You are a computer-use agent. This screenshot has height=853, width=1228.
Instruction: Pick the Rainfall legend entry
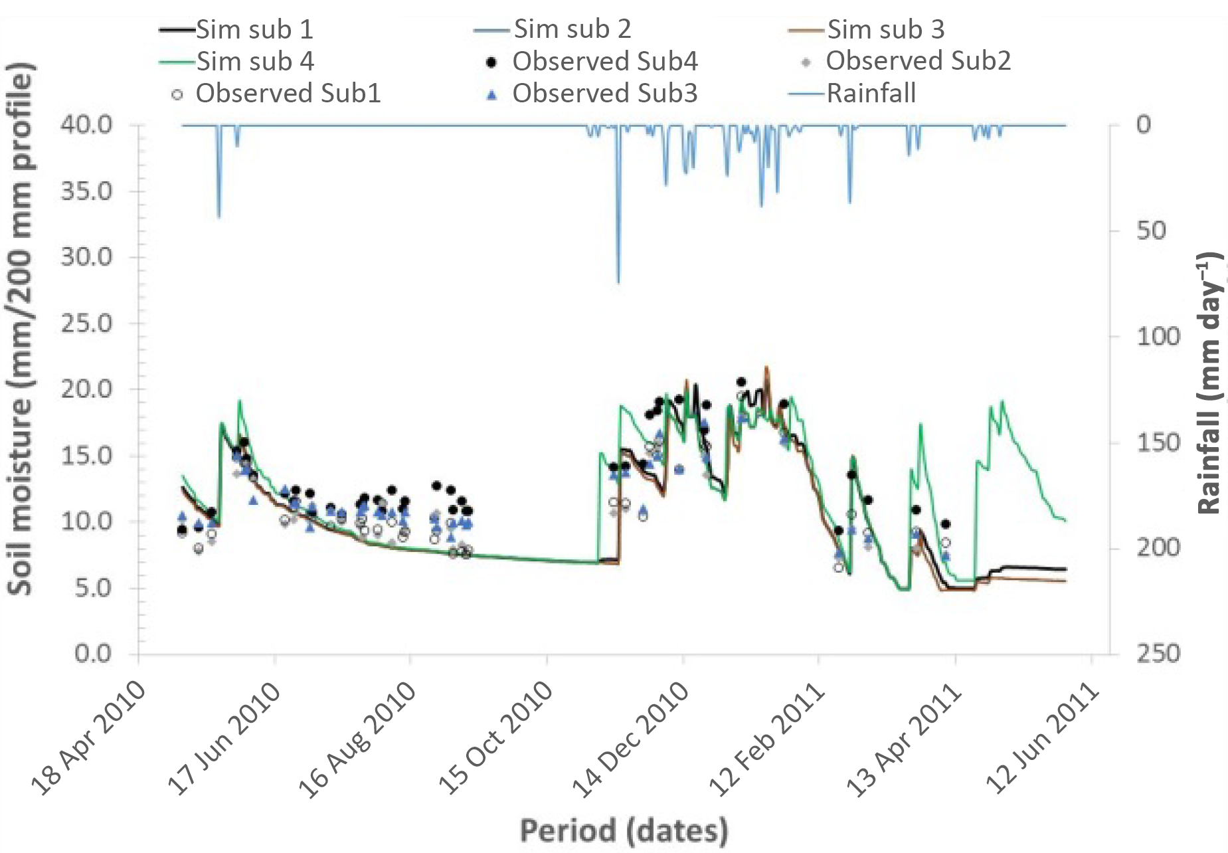tap(871, 93)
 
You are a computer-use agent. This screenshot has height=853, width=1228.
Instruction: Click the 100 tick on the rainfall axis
tap(1158, 337)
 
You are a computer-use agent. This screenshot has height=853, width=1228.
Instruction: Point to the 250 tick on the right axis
tap(1158, 654)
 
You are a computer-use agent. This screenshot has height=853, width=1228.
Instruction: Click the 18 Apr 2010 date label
tap(89, 739)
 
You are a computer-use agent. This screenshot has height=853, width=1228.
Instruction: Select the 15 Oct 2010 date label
tap(495, 739)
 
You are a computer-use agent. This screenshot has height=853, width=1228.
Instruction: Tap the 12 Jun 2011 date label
tap(1042, 739)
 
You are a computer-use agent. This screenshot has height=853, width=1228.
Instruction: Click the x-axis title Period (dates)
tap(624, 831)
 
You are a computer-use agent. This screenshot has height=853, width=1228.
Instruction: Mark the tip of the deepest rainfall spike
tap(618, 283)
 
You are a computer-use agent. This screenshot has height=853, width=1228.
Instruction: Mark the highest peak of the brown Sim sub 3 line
tap(766, 366)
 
